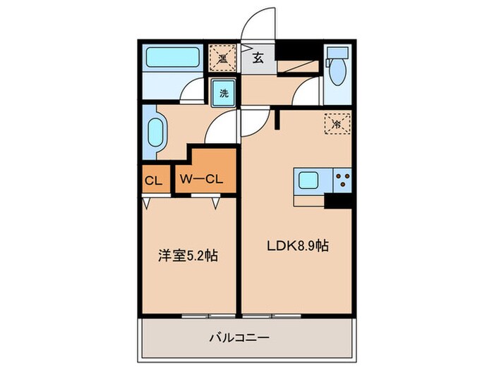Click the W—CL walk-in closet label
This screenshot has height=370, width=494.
(201, 180)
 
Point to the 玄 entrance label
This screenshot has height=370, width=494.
(258, 59)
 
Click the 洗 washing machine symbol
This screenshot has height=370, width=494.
(223, 93)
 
